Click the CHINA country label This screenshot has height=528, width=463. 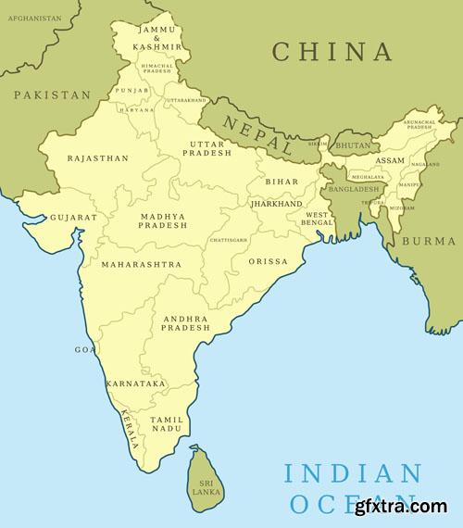click(x=332, y=51)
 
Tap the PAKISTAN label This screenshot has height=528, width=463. click(x=53, y=95)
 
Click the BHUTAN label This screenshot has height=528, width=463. click(x=354, y=146)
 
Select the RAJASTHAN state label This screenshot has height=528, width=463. click(x=98, y=158)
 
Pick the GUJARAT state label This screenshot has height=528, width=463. click(x=73, y=218)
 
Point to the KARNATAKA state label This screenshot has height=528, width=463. click(x=135, y=383)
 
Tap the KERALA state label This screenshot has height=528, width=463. click(x=129, y=430)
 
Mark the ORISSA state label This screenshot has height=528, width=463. click(x=269, y=262)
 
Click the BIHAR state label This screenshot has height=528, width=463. click(x=282, y=182)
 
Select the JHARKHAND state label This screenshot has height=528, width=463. click(x=276, y=203)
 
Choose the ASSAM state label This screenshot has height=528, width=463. click(x=390, y=160)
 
